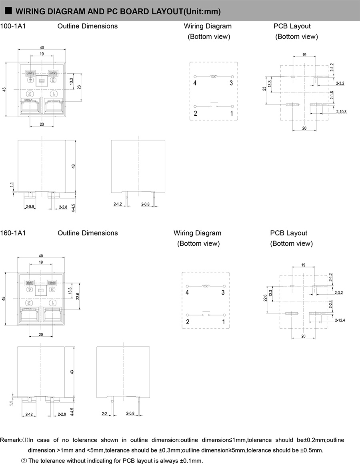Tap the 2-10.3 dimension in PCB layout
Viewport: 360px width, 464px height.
coord(341,111)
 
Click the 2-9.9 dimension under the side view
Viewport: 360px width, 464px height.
coord(30,207)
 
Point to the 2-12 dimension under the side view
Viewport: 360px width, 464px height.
coord(29,414)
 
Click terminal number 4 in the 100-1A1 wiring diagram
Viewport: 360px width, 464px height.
coord(195,83)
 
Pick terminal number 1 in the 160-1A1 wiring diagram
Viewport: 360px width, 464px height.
coord(223,321)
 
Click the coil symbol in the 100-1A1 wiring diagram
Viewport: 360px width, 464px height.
coord(214,76)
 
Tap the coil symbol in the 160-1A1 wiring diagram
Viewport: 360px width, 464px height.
coord(206,286)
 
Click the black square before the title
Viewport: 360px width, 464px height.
coord(8,11)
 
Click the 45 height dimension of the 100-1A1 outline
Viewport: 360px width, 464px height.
coord(4,90)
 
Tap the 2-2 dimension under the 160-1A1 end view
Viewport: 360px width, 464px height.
coord(104,413)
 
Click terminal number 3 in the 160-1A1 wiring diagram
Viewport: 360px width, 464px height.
coord(223,293)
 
